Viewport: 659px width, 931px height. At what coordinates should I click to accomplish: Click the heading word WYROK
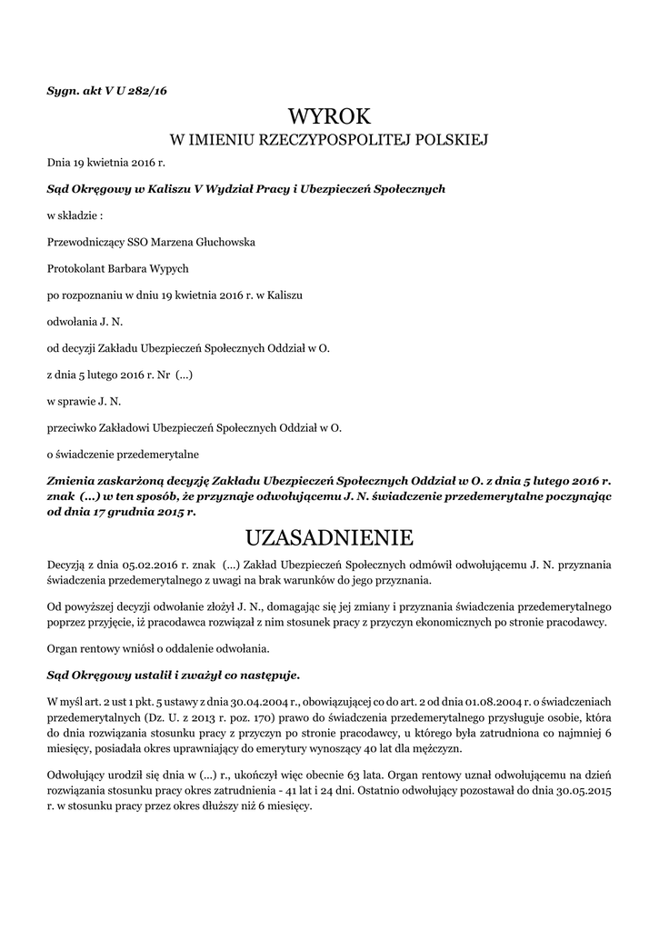coord(329,115)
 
